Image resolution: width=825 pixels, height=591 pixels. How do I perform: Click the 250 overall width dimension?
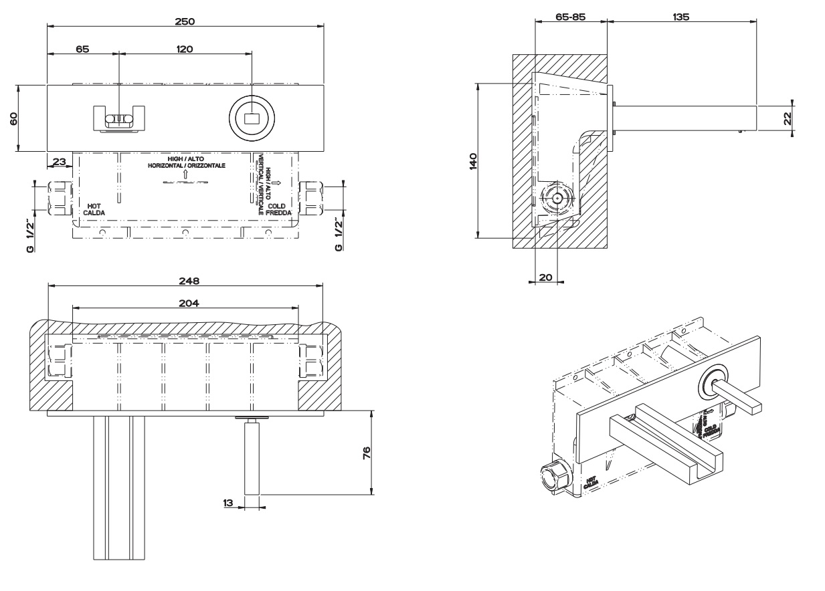pos(185,21)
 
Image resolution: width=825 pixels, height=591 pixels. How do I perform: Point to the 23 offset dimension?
pos(59,161)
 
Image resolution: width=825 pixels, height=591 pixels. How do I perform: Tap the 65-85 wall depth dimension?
pos(571,16)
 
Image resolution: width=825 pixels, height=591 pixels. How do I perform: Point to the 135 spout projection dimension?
pos(681,16)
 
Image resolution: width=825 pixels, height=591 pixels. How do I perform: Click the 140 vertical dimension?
pos(472,160)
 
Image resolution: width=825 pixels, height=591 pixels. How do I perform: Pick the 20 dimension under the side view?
pos(546,277)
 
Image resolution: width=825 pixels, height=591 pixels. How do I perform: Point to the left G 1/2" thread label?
pos(30,237)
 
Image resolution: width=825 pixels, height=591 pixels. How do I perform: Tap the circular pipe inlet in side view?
pos(556,199)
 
